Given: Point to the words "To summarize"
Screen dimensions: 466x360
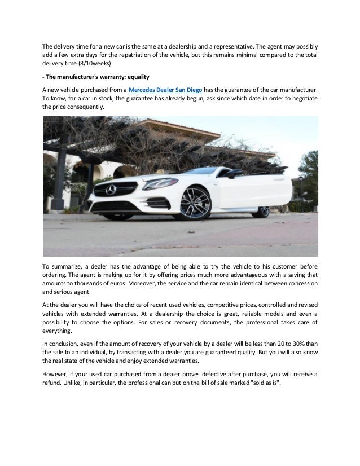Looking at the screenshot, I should tap(63, 266).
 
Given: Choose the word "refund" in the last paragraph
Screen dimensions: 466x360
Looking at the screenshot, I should tap(53, 384).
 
